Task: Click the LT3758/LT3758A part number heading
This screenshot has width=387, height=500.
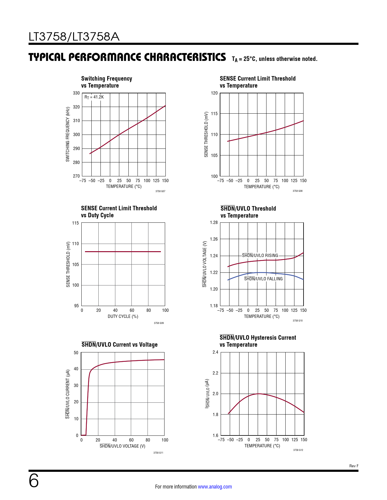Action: [x=74, y=37]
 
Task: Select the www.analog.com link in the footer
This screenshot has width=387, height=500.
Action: [x=215, y=487]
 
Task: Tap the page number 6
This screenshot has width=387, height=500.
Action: [x=34, y=481]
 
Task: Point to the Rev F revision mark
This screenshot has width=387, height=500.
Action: [x=354, y=466]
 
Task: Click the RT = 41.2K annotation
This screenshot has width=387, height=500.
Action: [x=94, y=97]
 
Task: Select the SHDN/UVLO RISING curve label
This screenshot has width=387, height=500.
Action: [x=260, y=255]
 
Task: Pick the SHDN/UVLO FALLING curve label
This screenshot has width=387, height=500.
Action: [x=263, y=279]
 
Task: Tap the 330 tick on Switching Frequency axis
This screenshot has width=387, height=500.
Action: [x=76, y=93]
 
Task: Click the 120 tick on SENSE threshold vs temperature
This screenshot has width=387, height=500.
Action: [x=214, y=93]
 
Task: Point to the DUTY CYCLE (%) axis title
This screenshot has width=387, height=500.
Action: [x=123, y=316]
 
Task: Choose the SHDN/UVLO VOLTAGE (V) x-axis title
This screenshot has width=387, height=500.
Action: [x=122, y=446]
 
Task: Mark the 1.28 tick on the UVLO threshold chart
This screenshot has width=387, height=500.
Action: [x=214, y=222]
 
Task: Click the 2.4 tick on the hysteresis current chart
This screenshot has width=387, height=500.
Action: [x=215, y=352]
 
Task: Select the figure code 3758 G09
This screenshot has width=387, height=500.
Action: [x=159, y=323]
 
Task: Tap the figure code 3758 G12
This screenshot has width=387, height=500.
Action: [x=298, y=450]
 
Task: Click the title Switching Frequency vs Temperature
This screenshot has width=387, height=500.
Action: [x=107, y=82]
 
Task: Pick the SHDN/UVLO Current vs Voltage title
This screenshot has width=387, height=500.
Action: [x=120, y=345]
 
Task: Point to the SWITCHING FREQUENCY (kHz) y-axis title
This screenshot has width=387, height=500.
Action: [x=68, y=134]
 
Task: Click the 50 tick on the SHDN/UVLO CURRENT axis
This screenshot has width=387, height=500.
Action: [x=76, y=353]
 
